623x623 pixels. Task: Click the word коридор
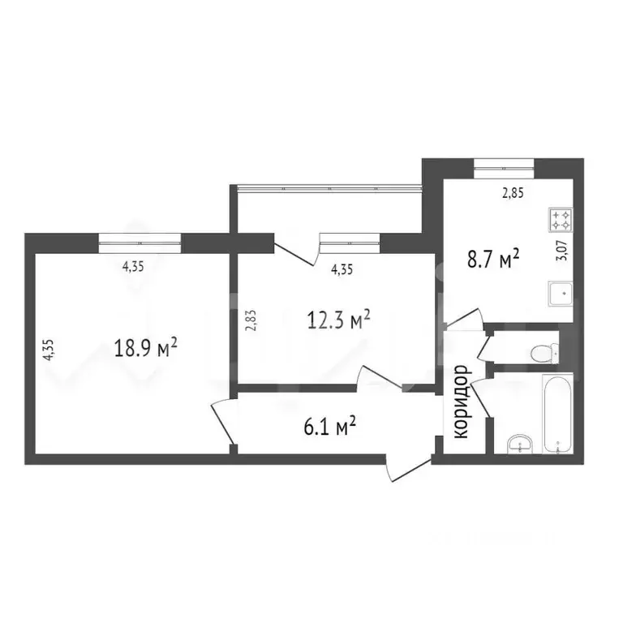(462, 402)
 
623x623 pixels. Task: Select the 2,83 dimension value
(251, 320)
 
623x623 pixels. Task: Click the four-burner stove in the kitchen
(561, 219)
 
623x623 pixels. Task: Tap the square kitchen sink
(560, 294)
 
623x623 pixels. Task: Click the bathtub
(556, 413)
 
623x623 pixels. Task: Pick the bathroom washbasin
(518, 443)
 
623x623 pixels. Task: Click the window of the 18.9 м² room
(139, 239)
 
